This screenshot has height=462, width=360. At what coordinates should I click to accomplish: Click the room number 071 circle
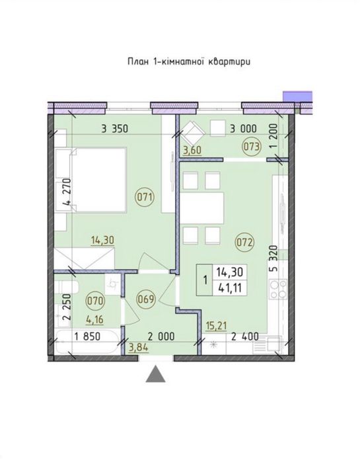[x=145, y=196]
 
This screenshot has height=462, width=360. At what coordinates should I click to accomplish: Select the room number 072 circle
[x=245, y=243]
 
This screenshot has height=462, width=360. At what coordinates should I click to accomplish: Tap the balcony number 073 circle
[x=252, y=147]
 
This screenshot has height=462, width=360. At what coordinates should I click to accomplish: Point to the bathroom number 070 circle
[x=96, y=301]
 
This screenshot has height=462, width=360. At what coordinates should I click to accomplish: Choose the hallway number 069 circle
[x=146, y=299]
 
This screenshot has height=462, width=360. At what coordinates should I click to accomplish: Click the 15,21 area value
[x=216, y=327]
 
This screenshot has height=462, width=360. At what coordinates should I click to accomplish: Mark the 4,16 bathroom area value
[x=94, y=320]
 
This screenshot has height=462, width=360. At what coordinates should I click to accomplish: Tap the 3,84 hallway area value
[x=139, y=347]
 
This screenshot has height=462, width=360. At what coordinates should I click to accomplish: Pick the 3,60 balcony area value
[x=192, y=150]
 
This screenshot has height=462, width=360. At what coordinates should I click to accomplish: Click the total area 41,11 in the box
[x=230, y=288]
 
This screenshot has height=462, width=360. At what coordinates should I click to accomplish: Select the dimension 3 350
[x=114, y=129]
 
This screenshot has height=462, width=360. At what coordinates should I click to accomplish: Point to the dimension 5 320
[x=273, y=260]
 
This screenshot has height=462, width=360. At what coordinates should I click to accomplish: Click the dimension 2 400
[x=245, y=336]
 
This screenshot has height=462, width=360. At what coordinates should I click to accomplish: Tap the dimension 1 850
[x=87, y=336]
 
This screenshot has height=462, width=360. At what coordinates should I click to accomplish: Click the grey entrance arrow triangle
[x=155, y=374]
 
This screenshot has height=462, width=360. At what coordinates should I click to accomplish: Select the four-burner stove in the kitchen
[x=279, y=289]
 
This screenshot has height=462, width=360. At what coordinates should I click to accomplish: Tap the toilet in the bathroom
[x=66, y=287]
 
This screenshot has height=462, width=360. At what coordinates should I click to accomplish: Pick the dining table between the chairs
[x=203, y=208]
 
